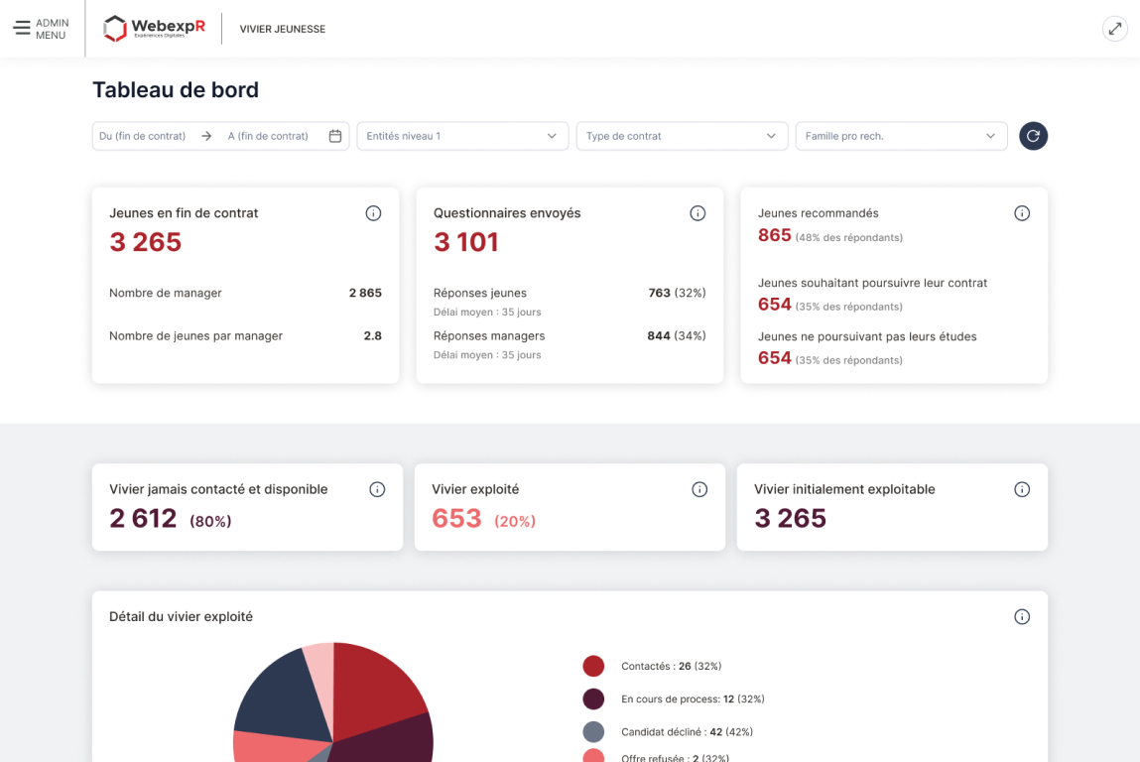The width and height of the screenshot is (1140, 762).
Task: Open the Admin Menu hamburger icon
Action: (22, 29)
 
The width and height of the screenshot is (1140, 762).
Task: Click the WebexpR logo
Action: (155, 29)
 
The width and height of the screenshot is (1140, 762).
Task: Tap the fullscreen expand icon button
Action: (1115, 29)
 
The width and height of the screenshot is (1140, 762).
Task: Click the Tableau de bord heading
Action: (176, 90)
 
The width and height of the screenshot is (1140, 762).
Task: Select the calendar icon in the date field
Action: (335, 136)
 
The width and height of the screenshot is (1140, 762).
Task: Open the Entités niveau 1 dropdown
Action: (462, 136)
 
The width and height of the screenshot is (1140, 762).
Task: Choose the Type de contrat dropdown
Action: (682, 136)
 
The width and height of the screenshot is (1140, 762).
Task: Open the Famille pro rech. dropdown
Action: (901, 136)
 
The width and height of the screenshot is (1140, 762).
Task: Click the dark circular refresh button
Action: (1033, 136)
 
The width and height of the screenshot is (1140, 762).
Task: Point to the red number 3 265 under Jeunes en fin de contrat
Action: (146, 242)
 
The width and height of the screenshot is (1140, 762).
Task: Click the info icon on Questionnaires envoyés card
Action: (697, 213)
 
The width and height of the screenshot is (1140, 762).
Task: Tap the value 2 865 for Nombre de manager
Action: (365, 293)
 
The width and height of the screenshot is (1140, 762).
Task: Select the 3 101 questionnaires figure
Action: (466, 242)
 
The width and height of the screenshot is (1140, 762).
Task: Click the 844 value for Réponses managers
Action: (659, 335)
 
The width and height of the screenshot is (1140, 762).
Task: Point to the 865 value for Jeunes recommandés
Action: (775, 235)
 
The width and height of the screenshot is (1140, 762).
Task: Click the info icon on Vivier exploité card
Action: (699, 489)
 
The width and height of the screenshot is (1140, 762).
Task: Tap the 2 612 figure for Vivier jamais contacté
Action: (143, 518)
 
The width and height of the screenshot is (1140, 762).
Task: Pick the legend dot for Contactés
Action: (593, 666)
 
